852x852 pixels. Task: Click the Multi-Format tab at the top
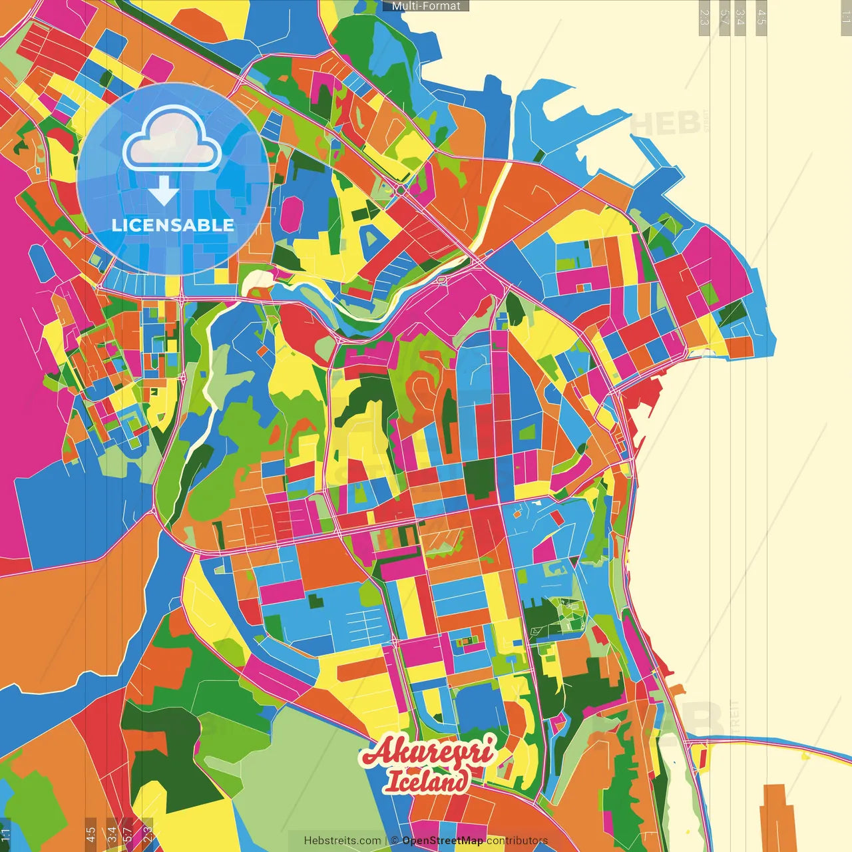coord(426,6)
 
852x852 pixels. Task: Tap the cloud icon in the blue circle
coord(172,138)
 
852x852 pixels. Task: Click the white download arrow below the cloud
coord(163,192)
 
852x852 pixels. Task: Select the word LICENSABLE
coord(173,225)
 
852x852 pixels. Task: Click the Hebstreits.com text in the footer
coord(342,841)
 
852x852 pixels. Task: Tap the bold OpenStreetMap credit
coord(443,841)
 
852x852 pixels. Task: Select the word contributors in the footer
coord(517,841)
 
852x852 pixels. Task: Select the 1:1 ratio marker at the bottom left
coord(6,834)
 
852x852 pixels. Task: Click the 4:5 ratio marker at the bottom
coord(91,834)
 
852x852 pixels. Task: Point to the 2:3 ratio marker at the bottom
coord(148,834)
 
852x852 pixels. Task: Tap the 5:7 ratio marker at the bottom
coord(128,834)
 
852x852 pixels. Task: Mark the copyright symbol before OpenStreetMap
coord(395,841)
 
